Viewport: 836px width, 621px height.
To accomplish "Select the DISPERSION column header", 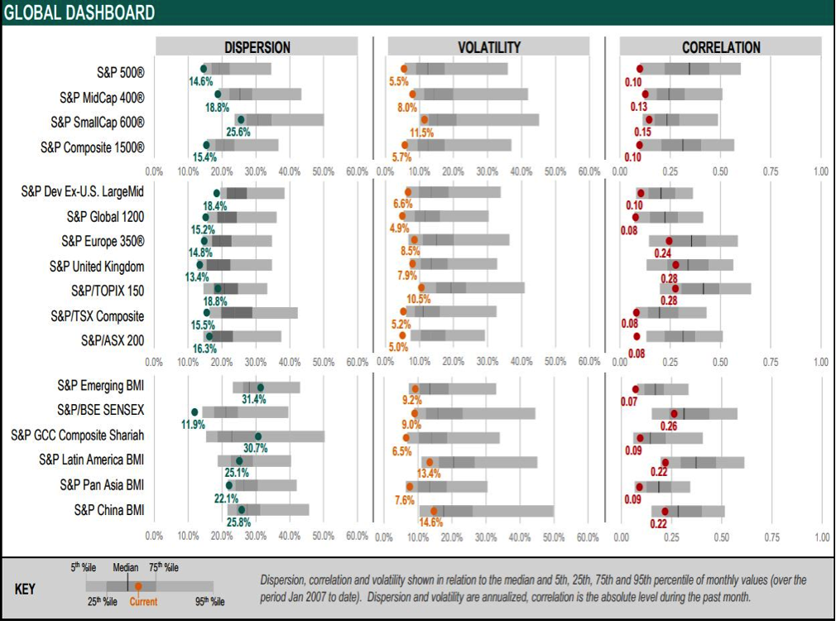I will click(x=257, y=47).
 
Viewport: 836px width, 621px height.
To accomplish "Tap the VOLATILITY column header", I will click(x=489, y=47).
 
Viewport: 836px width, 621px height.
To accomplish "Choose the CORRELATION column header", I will click(x=721, y=47).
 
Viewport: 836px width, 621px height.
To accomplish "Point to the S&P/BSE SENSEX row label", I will click(x=100, y=410).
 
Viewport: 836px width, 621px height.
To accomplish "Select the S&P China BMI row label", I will click(x=108, y=509).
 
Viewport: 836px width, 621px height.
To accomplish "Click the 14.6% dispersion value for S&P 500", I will click(x=201, y=81).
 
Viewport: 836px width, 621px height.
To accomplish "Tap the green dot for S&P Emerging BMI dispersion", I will click(x=260, y=388).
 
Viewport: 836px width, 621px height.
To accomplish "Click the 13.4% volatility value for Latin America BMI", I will click(x=429, y=474).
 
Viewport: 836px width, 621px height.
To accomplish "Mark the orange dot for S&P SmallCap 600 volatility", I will click(x=425, y=120).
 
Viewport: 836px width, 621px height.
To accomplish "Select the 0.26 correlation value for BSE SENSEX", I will click(x=669, y=426).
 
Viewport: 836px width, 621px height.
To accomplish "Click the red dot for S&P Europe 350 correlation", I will click(x=669, y=241).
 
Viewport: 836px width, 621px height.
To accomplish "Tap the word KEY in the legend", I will click(x=26, y=589).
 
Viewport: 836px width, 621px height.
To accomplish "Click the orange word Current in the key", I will click(x=143, y=602).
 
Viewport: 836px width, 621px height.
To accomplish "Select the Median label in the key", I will click(x=126, y=568).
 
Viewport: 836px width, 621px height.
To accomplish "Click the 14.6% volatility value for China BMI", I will click(x=430, y=522).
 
